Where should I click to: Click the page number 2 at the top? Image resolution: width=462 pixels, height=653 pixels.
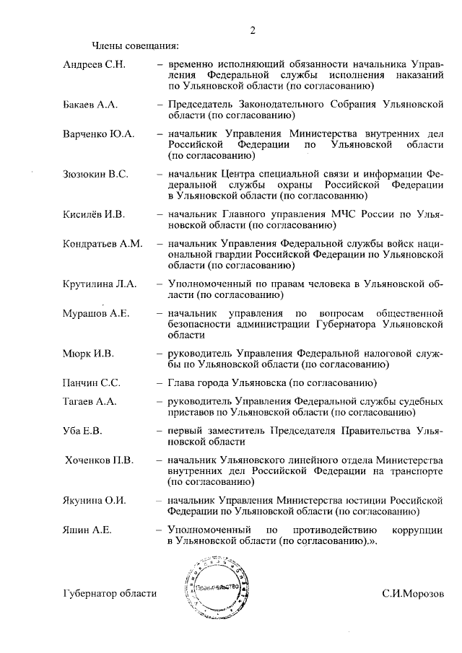pos(253,30)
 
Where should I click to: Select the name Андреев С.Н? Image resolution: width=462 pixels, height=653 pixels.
pos(95,66)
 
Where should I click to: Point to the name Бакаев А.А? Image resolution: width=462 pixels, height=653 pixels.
pos(90,105)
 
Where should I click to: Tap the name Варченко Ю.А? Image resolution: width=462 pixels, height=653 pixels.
pos(99,135)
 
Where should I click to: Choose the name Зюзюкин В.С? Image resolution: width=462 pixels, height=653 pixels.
pos(97,175)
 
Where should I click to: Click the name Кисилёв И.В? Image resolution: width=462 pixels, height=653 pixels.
pos(95,214)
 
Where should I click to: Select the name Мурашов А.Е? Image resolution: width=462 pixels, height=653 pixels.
pos(96,314)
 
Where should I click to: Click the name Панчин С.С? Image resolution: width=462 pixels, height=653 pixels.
pos(92,383)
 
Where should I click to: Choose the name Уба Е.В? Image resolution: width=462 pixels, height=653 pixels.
pos(83,431)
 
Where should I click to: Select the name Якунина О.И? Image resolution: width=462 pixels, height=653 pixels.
pos(95,501)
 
